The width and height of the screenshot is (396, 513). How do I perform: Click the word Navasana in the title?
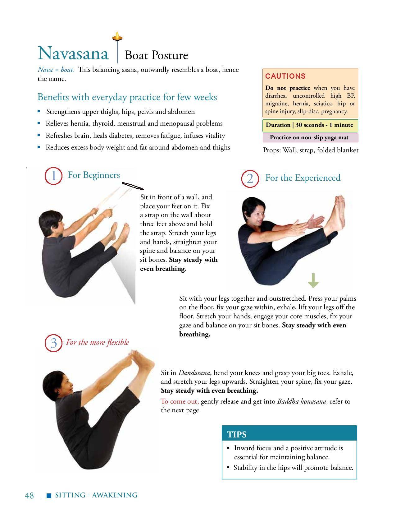(73, 53)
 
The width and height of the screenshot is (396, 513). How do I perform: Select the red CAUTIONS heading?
(285, 76)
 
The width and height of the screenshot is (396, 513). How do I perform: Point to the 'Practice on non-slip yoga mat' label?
(309, 137)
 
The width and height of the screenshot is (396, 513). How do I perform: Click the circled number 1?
(53, 176)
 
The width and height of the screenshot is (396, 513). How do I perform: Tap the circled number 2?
(250, 179)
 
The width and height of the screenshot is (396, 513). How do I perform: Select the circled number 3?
(53, 343)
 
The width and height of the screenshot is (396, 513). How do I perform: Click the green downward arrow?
(313, 280)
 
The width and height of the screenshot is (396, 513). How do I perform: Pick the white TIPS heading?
(237, 434)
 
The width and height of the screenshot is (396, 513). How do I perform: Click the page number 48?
(29, 496)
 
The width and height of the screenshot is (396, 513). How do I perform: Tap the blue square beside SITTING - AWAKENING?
(49, 496)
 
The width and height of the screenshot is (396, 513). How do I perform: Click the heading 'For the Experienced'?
(303, 178)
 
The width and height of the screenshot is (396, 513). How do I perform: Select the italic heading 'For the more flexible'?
(98, 342)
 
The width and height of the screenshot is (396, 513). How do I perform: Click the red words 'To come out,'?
(180, 401)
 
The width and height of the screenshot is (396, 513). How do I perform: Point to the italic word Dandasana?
(194, 373)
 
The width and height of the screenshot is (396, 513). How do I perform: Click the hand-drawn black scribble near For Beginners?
(133, 186)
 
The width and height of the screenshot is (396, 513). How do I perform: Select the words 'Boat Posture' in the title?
(156, 55)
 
